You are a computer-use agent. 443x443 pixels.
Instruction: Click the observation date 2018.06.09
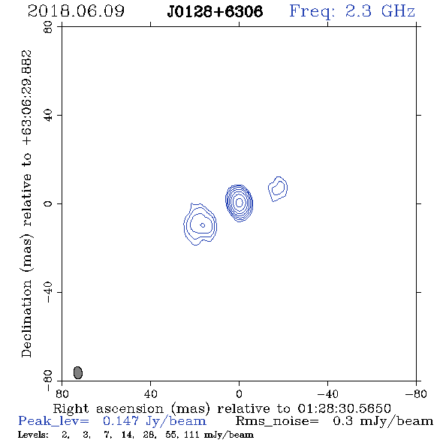tap(76, 11)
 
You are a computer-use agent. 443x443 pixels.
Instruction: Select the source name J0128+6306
tap(215, 12)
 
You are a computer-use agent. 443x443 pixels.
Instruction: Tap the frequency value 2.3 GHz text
tap(380, 11)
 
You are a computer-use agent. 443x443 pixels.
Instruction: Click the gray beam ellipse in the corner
tap(78, 372)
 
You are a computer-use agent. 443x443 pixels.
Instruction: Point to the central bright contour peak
tap(240, 202)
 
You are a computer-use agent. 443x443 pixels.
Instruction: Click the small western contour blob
tap(278, 188)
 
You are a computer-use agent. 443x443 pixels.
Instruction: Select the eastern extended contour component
tap(200, 225)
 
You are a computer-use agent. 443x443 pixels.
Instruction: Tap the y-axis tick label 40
tap(48, 116)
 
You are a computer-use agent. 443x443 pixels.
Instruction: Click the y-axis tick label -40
tap(48, 292)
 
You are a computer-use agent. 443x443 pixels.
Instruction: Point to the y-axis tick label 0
tap(48, 203)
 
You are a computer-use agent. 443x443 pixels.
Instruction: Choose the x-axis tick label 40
tap(150, 393)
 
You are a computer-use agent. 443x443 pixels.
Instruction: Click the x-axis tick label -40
tap(327, 393)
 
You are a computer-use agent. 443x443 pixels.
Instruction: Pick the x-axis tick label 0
tap(239, 393)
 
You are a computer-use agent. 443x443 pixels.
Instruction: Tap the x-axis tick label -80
tap(416, 393)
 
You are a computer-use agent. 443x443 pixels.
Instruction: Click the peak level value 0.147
tap(121, 421)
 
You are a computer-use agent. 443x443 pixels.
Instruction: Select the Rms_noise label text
tap(277, 421)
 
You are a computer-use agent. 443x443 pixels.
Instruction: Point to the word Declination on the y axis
tap(26, 318)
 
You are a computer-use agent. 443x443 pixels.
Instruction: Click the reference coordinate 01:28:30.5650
tap(345, 408)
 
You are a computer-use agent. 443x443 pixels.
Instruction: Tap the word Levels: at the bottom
tap(33, 435)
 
